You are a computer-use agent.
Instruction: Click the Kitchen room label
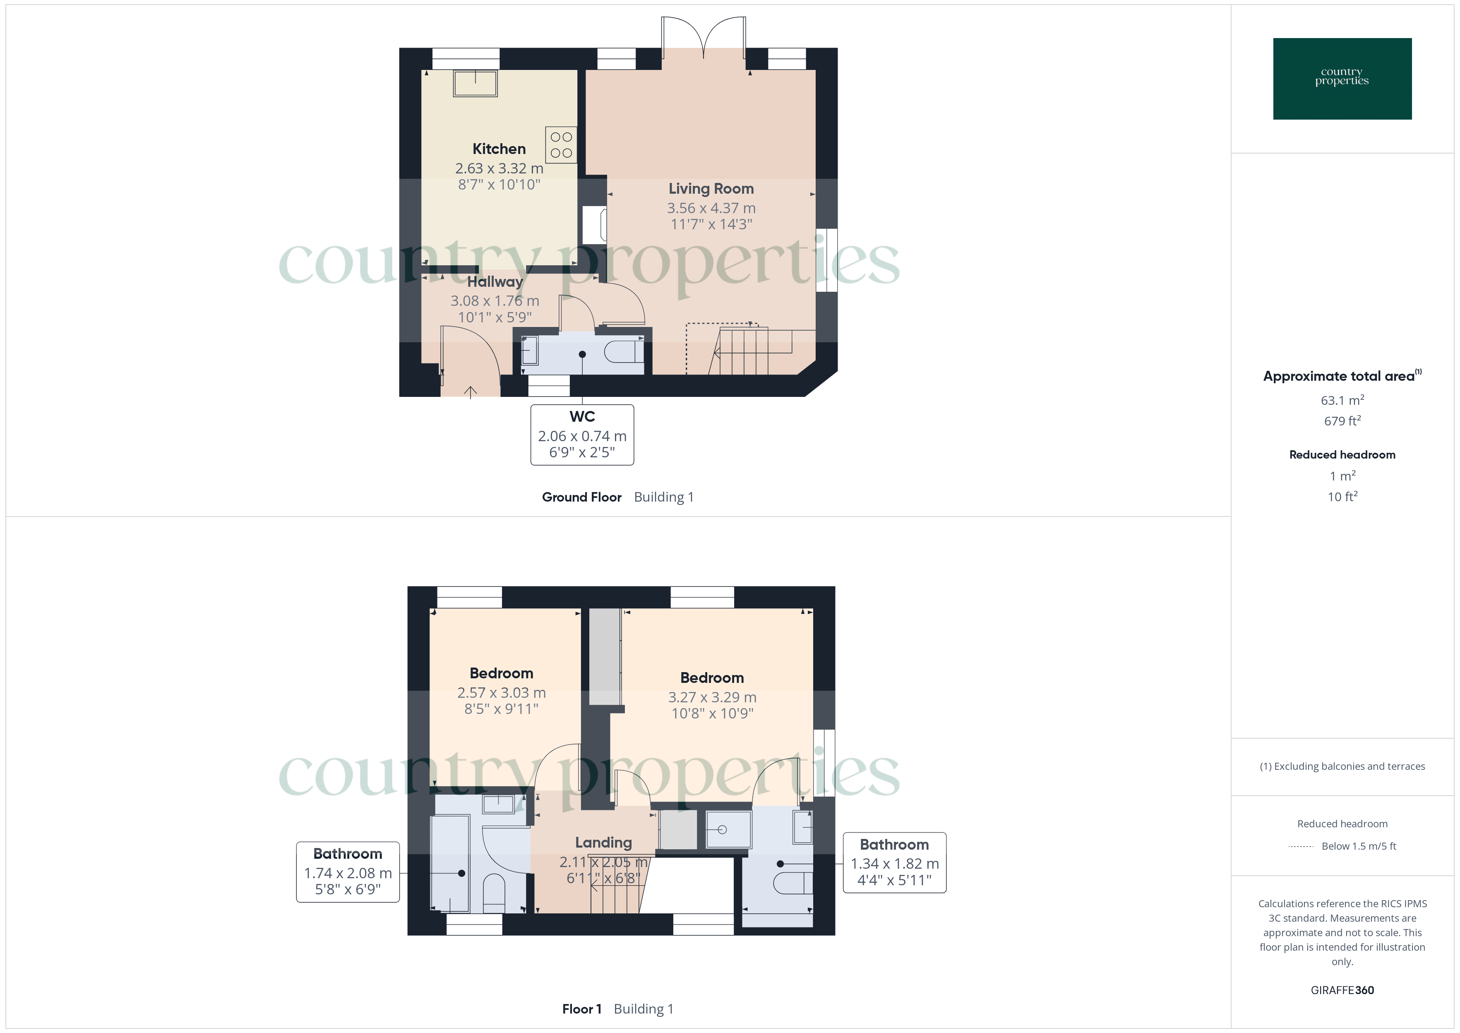pyautogui.click(x=499, y=149)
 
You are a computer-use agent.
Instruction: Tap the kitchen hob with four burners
pyautogui.click(x=561, y=145)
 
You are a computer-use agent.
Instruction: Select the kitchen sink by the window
pyautogui.click(x=475, y=83)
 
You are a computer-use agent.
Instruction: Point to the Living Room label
pyautogui.click(x=711, y=189)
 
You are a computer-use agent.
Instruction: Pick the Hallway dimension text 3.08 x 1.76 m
pyautogui.click(x=495, y=301)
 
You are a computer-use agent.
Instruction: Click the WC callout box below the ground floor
pyautogui.click(x=582, y=435)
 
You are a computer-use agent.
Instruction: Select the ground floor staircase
pyautogui.click(x=744, y=351)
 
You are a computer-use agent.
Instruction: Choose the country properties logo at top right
pyautogui.click(x=1342, y=79)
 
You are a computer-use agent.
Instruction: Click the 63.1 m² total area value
pyautogui.click(x=1342, y=401)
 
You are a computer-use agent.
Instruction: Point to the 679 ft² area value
pyautogui.click(x=1342, y=421)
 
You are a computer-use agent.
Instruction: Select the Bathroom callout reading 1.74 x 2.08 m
pyautogui.click(x=348, y=872)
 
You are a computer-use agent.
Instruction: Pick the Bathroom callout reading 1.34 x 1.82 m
pyautogui.click(x=894, y=862)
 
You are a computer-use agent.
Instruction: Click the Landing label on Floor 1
pyautogui.click(x=603, y=843)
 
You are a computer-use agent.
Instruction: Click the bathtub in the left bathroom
pyautogui.click(x=450, y=865)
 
